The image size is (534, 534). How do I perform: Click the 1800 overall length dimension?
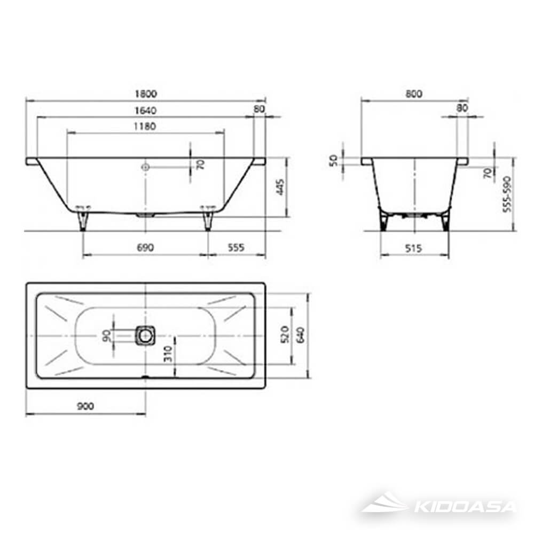tap(145, 94)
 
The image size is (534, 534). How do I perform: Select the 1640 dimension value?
tap(145, 111)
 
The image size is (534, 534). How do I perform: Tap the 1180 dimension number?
tap(145, 127)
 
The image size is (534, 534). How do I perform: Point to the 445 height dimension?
tap(280, 187)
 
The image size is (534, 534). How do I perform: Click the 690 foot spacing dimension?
tap(145, 247)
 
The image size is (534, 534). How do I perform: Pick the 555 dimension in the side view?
tap(235, 247)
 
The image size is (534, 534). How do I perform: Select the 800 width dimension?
tap(413, 94)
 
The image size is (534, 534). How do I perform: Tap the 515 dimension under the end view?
tap(413, 248)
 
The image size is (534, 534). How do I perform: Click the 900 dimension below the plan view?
tap(85, 406)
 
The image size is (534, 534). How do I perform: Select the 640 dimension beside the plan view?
tap(300, 335)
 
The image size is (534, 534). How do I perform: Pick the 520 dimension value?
tap(284, 335)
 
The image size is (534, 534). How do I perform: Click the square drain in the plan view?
tap(145, 335)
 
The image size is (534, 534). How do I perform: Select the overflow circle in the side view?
tap(145, 167)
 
